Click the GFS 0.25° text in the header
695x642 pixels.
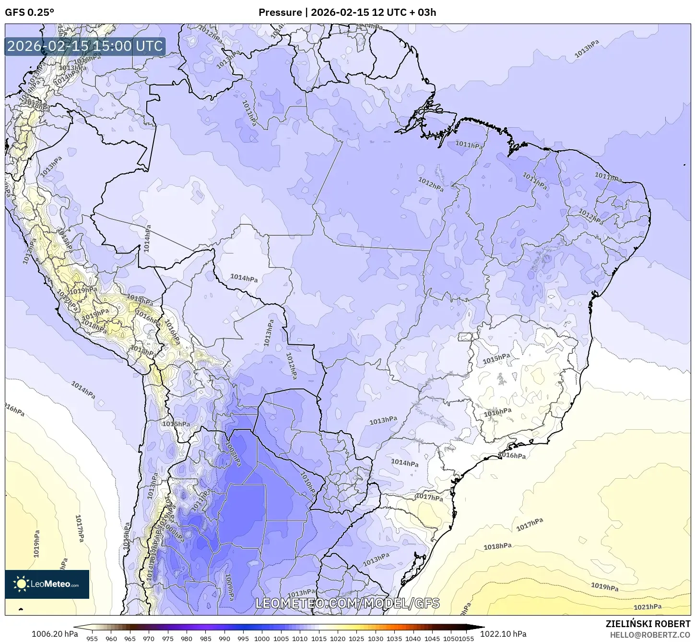[x=30, y=12]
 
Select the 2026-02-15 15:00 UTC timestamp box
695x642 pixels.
[x=85, y=47]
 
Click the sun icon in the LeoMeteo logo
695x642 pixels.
[x=21, y=584]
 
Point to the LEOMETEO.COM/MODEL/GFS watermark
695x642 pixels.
[x=347, y=603]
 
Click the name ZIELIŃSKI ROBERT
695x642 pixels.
[x=648, y=624]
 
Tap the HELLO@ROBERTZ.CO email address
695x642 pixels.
[x=650, y=634]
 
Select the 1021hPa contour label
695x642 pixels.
[x=648, y=607]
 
